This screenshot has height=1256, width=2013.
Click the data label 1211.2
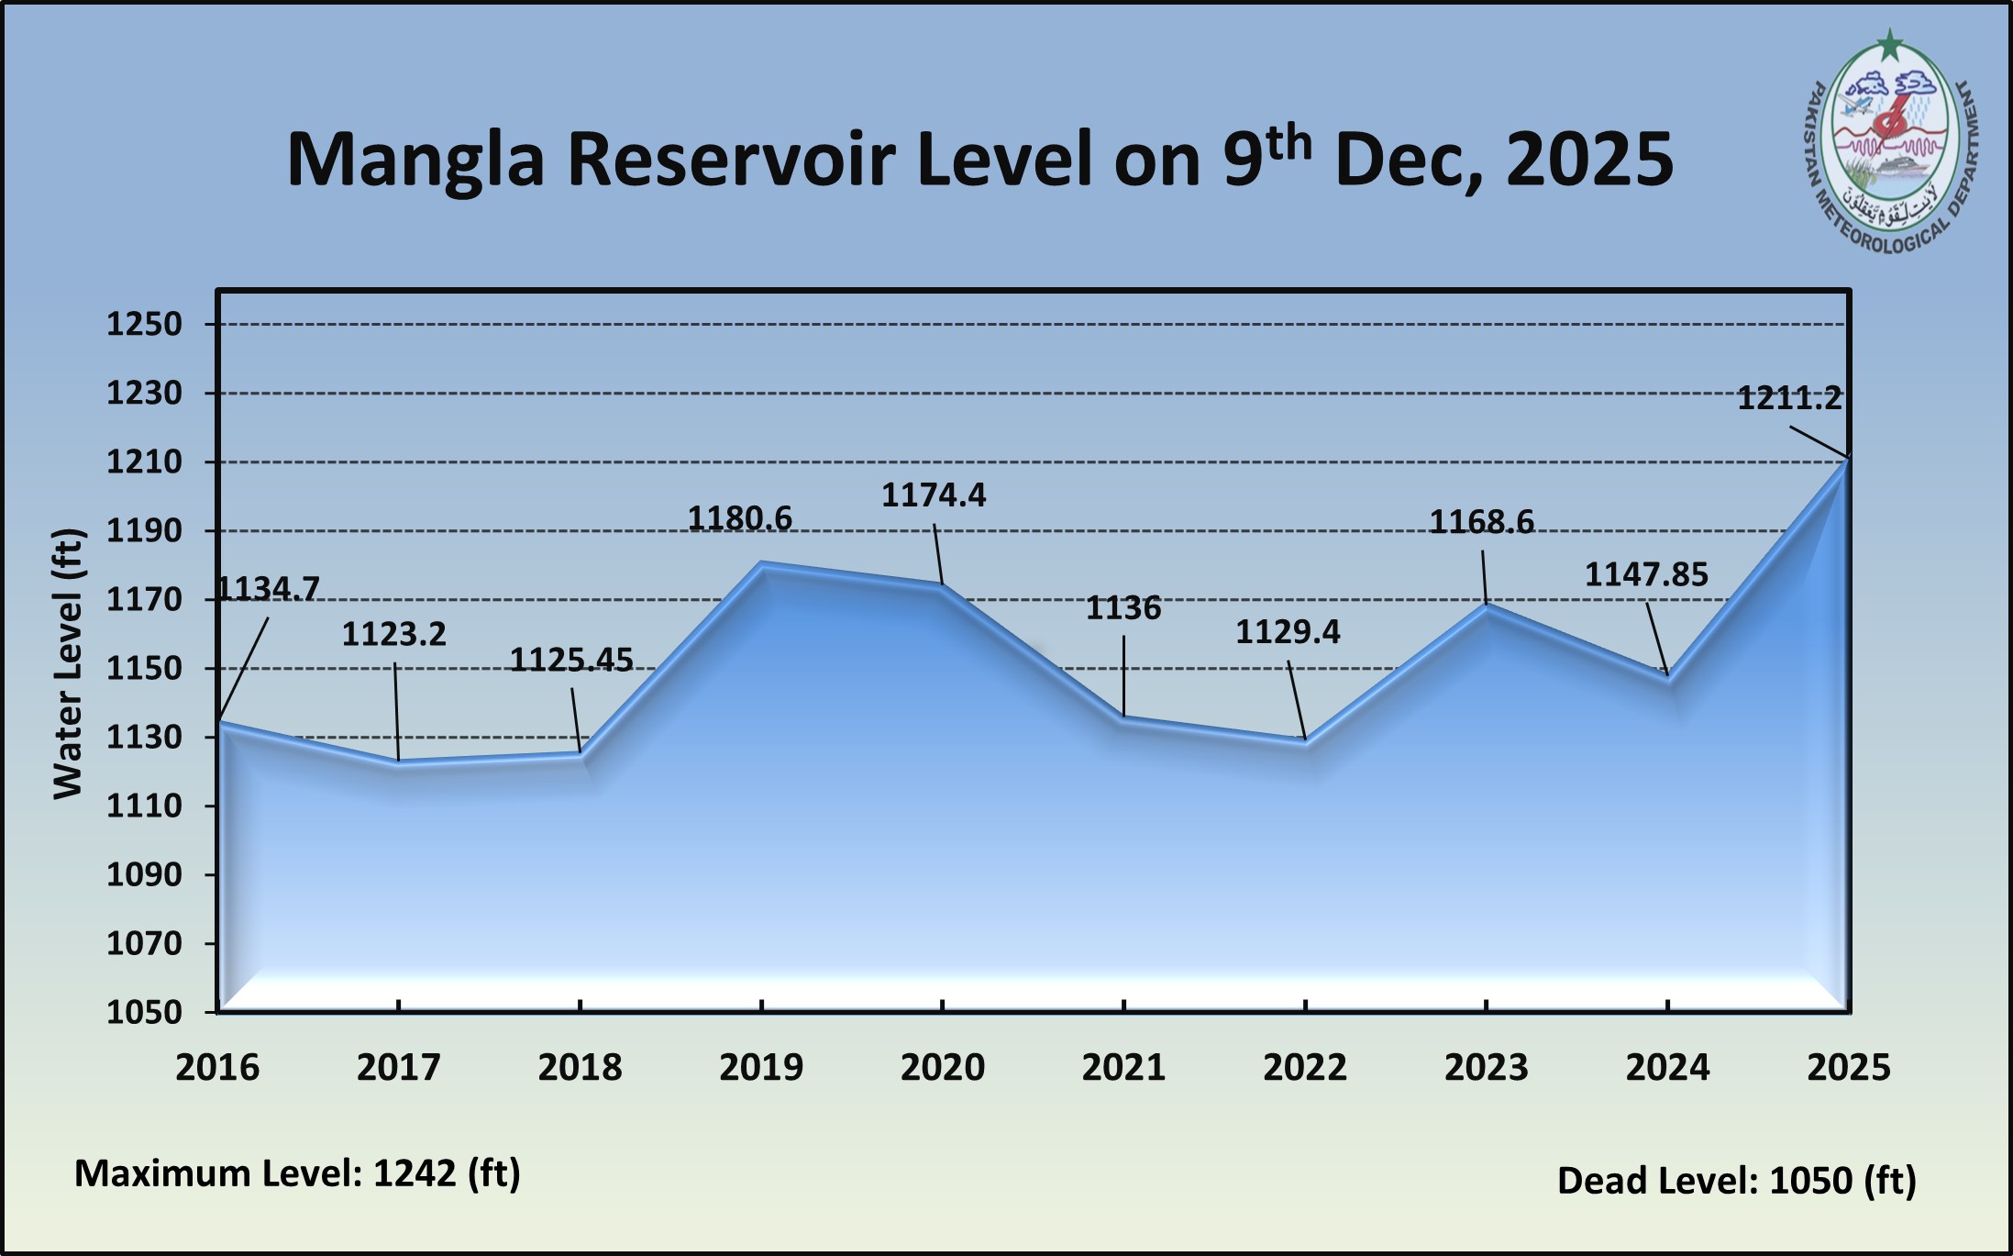click(1789, 398)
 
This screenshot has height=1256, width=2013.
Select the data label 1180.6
click(740, 519)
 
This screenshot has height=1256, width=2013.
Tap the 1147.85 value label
click(1646, 575)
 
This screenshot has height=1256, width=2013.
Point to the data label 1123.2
click(394, 634)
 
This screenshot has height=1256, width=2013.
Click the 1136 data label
click(1123, 608)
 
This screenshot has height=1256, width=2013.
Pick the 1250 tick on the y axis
click(145, 324)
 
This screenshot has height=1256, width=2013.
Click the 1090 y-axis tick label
click(145, 874)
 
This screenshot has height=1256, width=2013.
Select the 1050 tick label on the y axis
click(145, 1012)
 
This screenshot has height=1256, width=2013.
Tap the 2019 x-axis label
click(761, 1067)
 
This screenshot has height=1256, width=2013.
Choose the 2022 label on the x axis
click(1305, 1067)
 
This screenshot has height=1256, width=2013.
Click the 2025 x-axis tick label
click(1849, 1067)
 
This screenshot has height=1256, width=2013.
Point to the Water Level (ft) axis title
click(69, 663)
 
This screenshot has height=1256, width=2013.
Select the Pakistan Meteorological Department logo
click(1891, 144)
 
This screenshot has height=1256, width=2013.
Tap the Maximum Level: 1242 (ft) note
click(297, 1173)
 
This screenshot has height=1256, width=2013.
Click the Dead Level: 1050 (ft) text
click(1737, 1181)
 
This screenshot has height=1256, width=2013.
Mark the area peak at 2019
click(761, 563)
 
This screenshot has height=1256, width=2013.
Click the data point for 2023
click(1486, 605)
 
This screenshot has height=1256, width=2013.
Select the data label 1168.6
click(1482, 523)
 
